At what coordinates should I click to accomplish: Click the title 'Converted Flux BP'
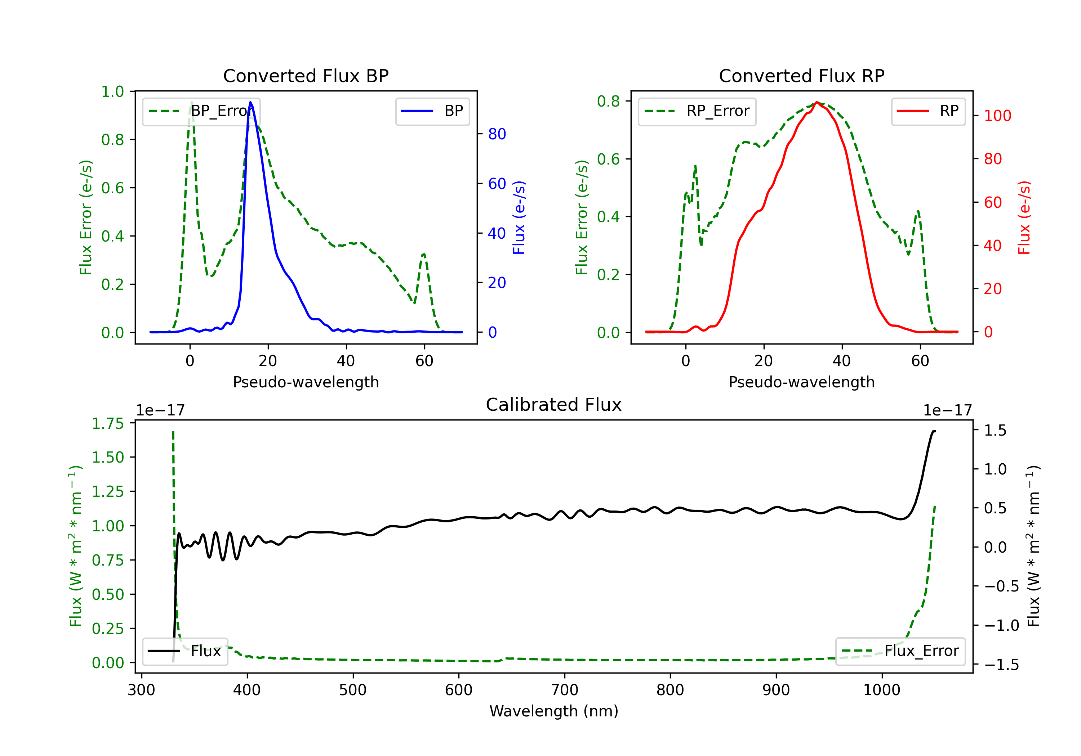click(x=306, y=76)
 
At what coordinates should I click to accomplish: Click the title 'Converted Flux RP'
click(x=801, y=76)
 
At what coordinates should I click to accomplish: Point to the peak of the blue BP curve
click(x=250, y=102)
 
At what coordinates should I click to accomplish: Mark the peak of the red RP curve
click(x=817, y=102)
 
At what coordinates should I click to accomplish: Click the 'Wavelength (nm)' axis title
click(x=554, y=711)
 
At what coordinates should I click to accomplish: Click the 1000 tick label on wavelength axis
click(x=881, y=690)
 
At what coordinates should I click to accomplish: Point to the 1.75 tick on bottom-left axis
click(x=108, y=423)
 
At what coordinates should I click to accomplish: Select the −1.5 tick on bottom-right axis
click(x=1001, y=665)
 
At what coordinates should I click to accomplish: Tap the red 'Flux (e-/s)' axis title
click(x=1024, y=217)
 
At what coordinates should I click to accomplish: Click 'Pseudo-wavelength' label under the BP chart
click(x=306, y=382)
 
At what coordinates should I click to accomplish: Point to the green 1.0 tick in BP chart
click(x=112, y=91)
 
